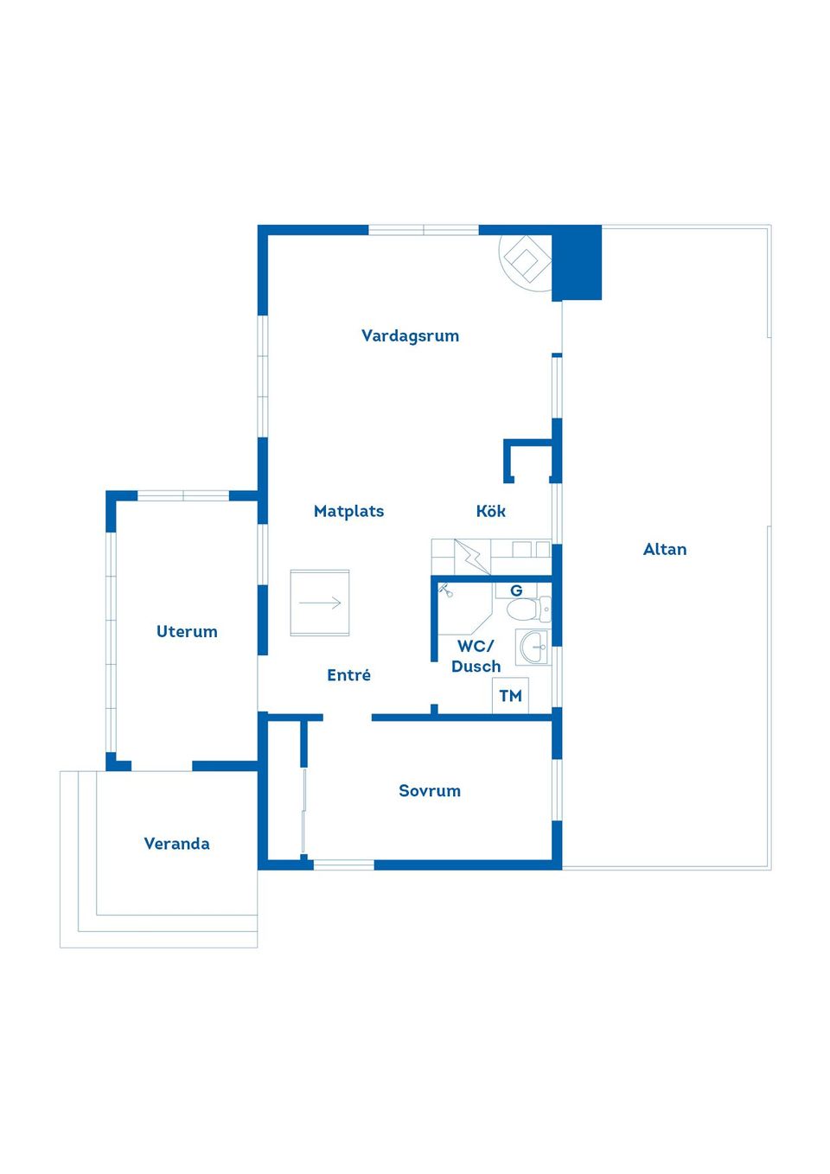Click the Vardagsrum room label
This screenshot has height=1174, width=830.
(411, 336)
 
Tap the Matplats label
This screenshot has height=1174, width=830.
(349, 511)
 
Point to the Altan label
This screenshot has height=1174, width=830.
(664, 549)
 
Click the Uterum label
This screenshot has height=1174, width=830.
(187, 632)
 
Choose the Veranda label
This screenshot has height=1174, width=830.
(177, 844)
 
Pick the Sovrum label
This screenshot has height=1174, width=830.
(430, 791)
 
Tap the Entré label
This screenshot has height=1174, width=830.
(349, 674)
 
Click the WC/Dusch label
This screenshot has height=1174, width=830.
(476, 656)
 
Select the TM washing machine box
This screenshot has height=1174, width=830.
(510, 696)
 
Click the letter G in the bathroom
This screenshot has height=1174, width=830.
(516, 590)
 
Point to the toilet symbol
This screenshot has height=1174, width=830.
(528, 609)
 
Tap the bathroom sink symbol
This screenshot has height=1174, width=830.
(533, 648)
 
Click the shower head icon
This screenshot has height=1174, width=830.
(445, 590)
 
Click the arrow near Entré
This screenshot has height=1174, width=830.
(320, 603)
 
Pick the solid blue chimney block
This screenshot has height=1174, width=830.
(577, 263)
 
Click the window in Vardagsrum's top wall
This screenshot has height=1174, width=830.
(424, 230)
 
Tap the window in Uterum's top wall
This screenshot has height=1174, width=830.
(183, 496)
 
